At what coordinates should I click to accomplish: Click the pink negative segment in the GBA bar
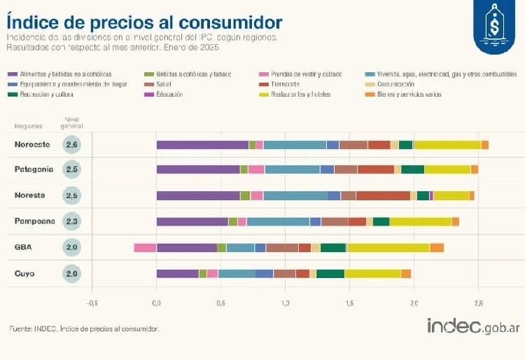(x=145, y=247)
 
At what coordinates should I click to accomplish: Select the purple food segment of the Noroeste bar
(x=202, y=145)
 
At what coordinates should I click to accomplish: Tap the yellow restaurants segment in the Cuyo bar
(x=372, y=273)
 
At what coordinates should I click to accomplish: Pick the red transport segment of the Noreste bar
(x=383, y=195)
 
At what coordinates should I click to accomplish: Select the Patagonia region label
(x=34, y=169)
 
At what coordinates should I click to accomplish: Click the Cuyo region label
(x=26, y=273)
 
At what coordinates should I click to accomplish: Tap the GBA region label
(x=24, y=247)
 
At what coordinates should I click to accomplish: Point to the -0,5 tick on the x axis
(x=92, y=303)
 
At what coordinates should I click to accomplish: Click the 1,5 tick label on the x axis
(x=349, y=303)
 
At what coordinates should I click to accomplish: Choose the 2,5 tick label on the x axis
(x=478, y=303)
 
